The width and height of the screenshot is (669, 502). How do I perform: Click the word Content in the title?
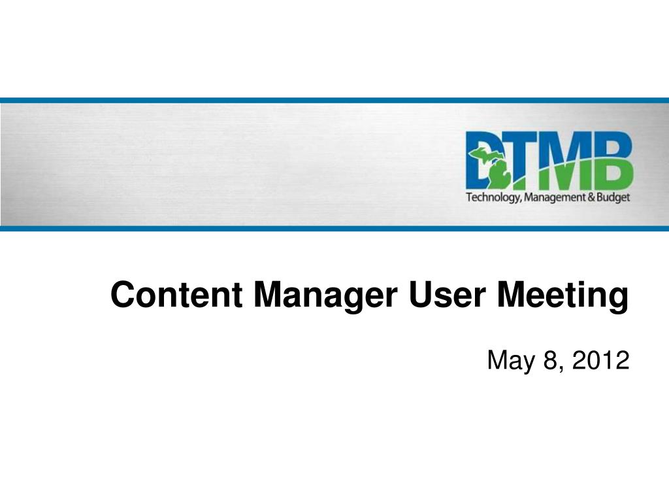(176, 294)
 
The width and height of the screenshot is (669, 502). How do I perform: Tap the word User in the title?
(447, 294)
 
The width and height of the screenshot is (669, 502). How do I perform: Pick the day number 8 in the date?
(550, 360)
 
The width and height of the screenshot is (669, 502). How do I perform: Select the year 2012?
(600, 360)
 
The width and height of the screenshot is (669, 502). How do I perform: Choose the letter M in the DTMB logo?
(564, 159)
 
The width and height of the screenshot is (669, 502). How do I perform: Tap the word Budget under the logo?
(613, 197)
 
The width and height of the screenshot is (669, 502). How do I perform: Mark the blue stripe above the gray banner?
(334, 101)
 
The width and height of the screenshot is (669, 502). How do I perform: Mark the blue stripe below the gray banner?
(334, 228)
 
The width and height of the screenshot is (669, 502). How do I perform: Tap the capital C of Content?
(121, 294)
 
